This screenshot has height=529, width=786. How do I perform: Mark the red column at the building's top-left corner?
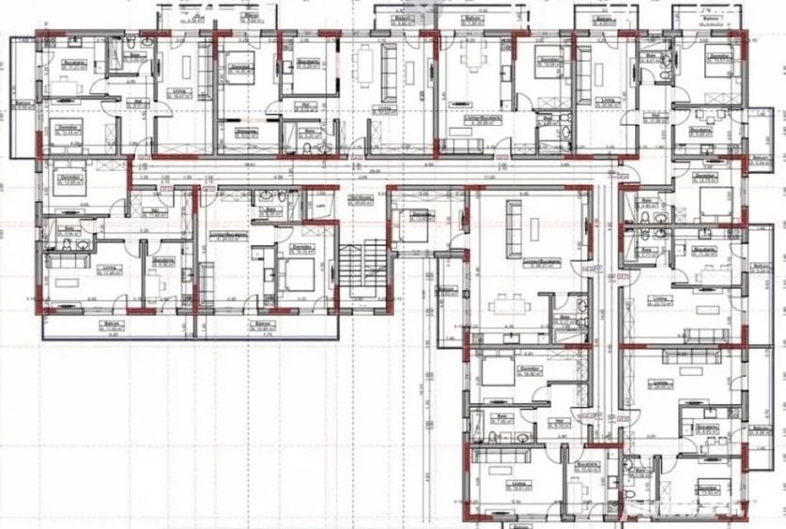pyautogui.click(x=39, y=37)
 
